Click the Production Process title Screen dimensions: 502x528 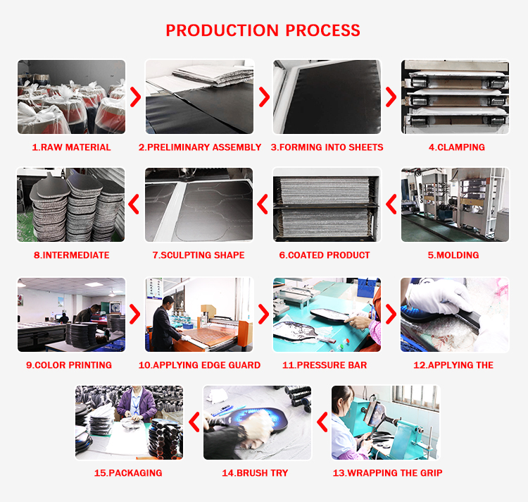(x=263, y=30)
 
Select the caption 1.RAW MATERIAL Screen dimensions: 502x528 (x=71, y=147)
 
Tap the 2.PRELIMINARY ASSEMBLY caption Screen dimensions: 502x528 (x=200, y=147)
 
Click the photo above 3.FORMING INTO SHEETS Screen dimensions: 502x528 (x=327, y=97)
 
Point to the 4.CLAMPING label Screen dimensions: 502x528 (x=456, y=147)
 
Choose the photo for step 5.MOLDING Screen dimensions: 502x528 (x=455, y=204)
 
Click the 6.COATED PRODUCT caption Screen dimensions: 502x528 (x=324, y=255)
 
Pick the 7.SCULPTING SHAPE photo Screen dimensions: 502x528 (x=199, y=204)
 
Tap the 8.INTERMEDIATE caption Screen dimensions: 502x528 (x=71, y=255)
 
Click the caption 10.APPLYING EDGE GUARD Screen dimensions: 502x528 (x=199, y=365)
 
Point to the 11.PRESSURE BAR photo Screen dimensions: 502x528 (x=327, y=314)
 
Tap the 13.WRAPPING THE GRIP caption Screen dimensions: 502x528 (x=387, y=472)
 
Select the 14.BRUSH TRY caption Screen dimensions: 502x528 (x=255, y=472)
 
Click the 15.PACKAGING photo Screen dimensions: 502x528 (x=129, y=422)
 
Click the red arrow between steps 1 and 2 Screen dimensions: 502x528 (x=135, y=97)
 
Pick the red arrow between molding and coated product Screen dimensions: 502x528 (x=391, y=204)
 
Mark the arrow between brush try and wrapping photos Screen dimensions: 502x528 (x=322, y=422)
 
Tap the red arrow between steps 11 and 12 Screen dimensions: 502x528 (x=391, y=314)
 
